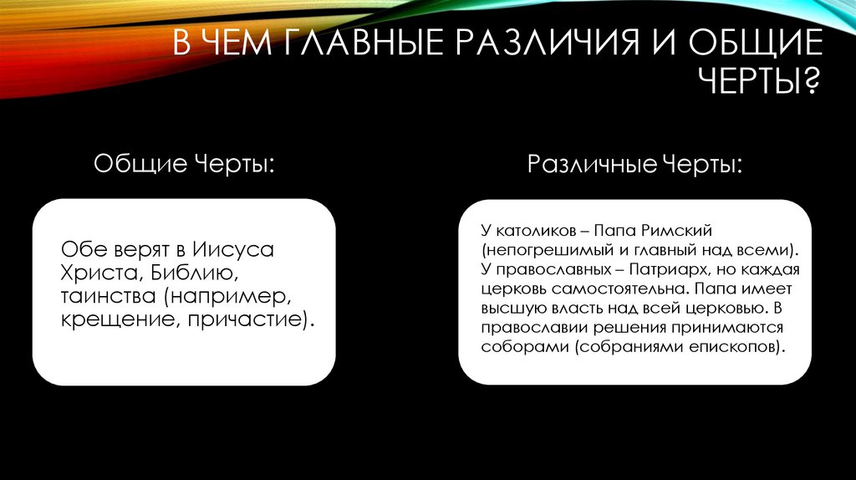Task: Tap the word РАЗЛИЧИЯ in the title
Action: tap(509, 43)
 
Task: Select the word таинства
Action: tap(108, 296)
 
